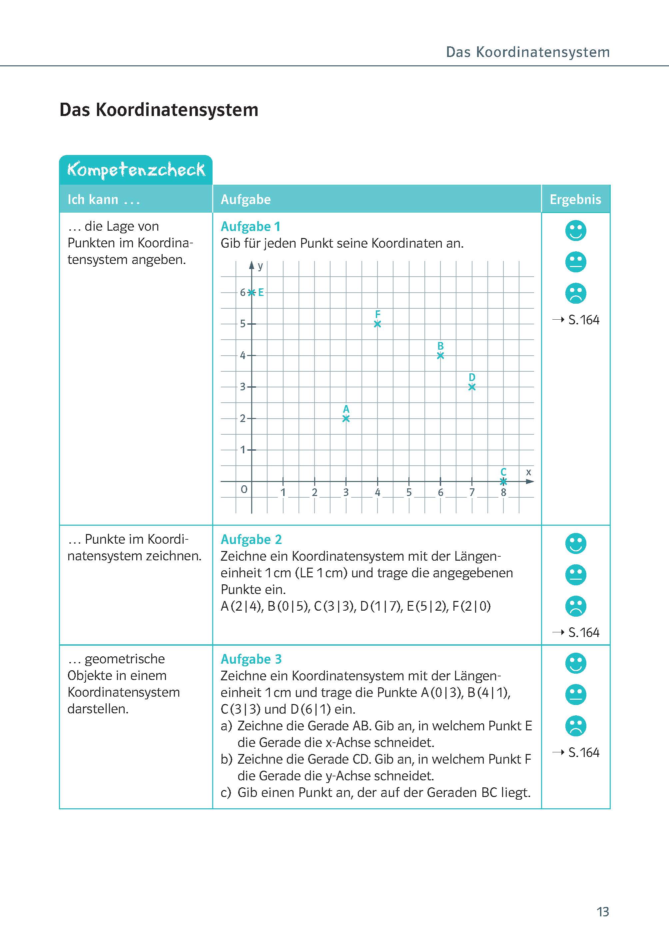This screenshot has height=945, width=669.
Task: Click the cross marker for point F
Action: click(x=377, y=324)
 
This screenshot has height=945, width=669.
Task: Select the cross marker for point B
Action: click(x=440, y=355)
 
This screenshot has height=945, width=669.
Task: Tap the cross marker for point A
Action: click(x=346, y=418)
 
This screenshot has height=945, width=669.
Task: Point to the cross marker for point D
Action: click(x=472, y=387)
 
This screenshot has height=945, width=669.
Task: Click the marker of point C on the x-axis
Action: click(x=503, y=481)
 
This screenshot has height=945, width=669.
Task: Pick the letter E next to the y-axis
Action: click(x=261, y=293)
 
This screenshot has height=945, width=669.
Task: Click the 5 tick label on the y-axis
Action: click(x=243, y=324)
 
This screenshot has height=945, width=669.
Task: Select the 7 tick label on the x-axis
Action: click(x=472, y=492)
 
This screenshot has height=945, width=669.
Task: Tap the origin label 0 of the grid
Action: click(x=244, y=490)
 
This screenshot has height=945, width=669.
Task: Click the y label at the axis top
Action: click(x=260, y=266)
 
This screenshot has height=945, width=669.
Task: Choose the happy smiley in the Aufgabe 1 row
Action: click(x=575, y=230)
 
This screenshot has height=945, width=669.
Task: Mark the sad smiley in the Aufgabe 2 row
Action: click(x=575, y=606)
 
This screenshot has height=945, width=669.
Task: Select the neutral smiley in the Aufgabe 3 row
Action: click(x=575, y=694)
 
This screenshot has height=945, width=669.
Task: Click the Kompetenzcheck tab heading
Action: click(x=136, y=170)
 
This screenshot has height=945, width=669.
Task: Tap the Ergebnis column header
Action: click(x=575, y=199)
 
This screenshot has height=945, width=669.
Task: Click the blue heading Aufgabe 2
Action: click(x=251, y=539)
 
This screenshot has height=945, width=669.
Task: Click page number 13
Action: click(x=602, y=912)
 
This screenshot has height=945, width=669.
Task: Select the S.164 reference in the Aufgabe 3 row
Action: click(x=583, y=753)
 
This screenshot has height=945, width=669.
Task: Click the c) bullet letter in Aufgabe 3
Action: click(x=226, y=793)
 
